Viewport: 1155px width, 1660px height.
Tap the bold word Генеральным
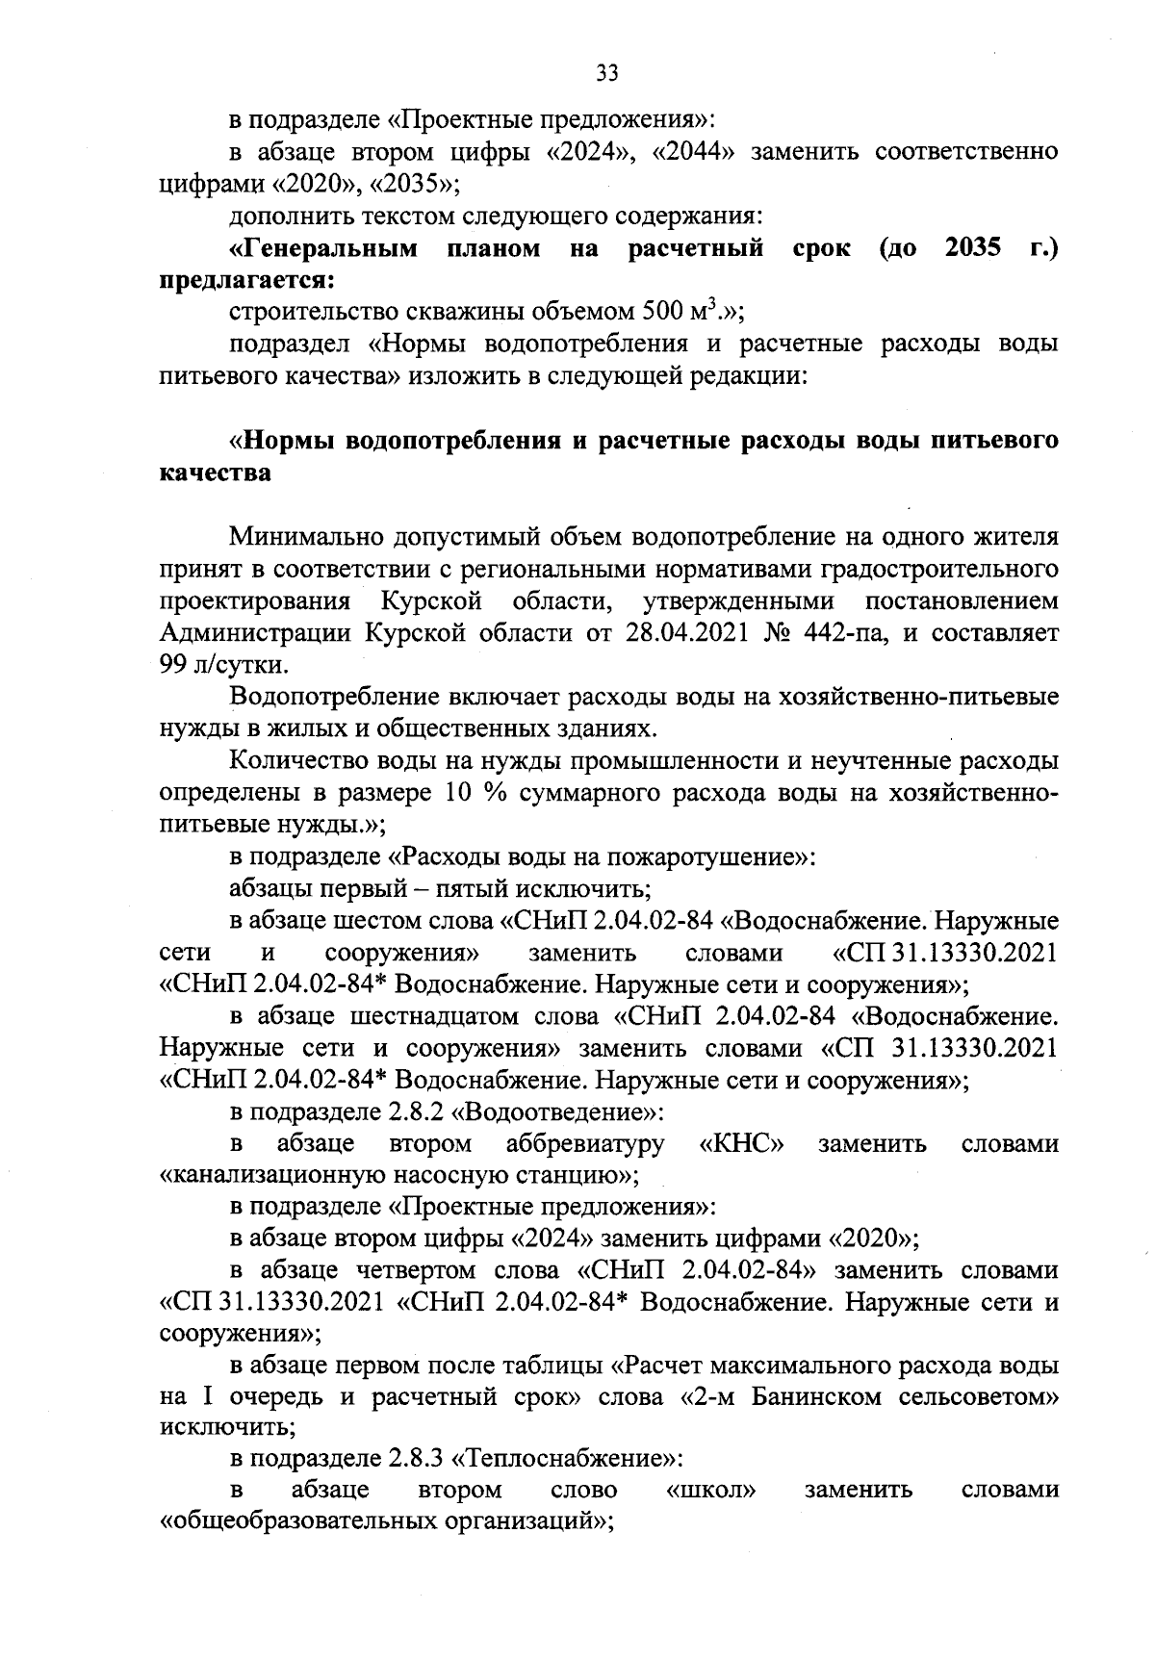click(x=323, y=249)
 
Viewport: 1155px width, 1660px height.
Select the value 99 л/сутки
click(x=222, y=665)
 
